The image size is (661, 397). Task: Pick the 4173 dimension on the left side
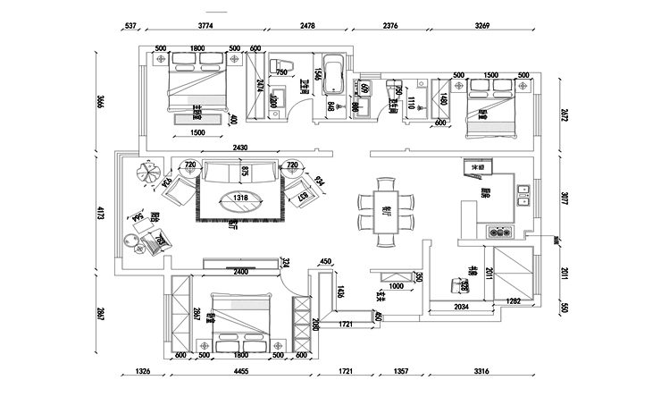pos(100,213)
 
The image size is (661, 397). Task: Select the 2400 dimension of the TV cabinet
pos(240,271)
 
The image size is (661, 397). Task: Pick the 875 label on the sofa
pos(244,170)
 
